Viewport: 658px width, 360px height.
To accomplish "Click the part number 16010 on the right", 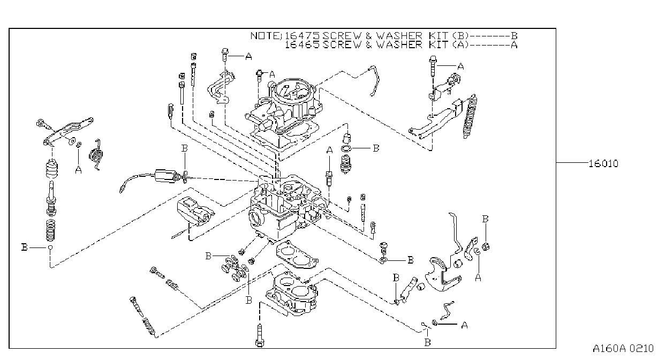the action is click(603, 164).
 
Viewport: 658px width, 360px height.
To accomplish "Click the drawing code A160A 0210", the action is click(623, 349).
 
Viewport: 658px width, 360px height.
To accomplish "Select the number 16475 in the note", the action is click(302, 36).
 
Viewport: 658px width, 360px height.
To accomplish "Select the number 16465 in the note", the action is click(302, 44).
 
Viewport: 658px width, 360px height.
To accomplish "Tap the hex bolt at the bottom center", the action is click(260, 335).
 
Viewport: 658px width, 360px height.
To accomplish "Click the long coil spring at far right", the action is click(470, 116).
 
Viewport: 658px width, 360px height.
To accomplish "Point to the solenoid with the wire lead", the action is click(166, 176).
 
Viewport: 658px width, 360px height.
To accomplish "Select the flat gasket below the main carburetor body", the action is click(297, 254).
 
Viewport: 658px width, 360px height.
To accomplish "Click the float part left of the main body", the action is click(195, 212).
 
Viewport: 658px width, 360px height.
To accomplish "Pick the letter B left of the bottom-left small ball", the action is click(25, 247).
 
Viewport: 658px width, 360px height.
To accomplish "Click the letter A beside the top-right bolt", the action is click(460, 67).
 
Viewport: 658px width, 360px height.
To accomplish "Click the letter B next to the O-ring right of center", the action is click(376, 148).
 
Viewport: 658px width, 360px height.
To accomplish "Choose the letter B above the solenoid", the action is click(185, 148).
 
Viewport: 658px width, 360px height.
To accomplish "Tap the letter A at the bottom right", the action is click(464, 325).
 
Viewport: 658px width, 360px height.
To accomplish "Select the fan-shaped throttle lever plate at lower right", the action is click(443, 275).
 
